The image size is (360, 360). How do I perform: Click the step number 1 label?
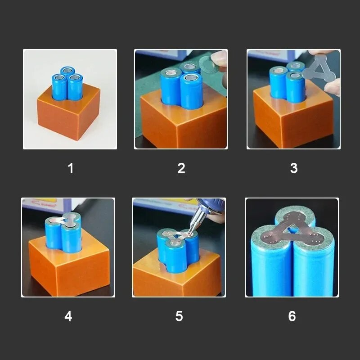(x=71, y=168)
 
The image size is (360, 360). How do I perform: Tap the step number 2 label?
(x=181, y=168)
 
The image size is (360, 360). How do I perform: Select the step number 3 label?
(x=294, y=168)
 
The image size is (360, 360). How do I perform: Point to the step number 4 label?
(x=68, y=316)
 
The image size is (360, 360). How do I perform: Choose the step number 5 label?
(x=179, y=316)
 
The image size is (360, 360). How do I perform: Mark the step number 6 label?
(x=292, y=316)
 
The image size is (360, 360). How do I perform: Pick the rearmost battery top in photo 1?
(x=68, y=70)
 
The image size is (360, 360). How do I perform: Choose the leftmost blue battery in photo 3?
(x=278, y=83)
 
